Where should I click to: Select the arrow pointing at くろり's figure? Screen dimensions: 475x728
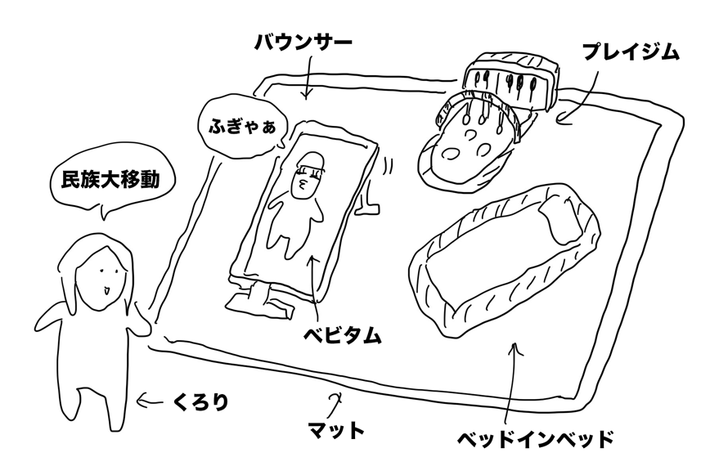pos(151,401)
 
